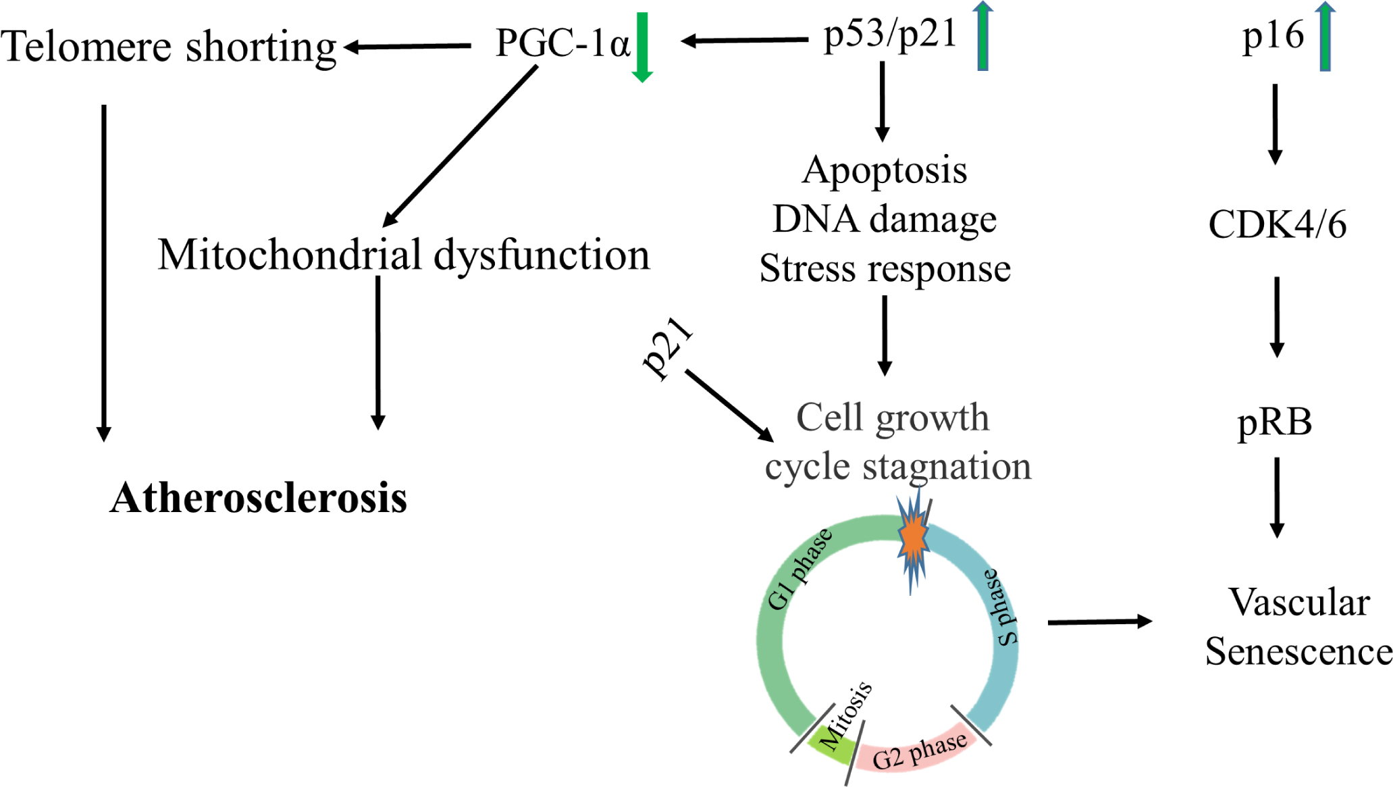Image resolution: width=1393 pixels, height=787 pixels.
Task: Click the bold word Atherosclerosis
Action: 258,499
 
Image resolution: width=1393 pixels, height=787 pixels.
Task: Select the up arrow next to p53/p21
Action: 983,36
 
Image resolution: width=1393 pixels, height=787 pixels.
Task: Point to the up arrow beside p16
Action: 1325,37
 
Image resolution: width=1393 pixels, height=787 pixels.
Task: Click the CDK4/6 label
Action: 1277,225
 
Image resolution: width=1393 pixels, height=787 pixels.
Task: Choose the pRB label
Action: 1274,423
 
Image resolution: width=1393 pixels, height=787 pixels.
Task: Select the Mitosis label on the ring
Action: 845,717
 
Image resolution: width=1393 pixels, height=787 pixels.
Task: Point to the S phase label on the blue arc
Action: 1001,607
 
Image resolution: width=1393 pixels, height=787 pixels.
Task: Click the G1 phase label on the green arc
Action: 800,569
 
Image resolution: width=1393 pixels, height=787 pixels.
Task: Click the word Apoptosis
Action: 885,170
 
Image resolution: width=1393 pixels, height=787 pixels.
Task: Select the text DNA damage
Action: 885,220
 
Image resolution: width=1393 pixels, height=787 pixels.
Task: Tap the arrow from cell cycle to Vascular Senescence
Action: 1099,621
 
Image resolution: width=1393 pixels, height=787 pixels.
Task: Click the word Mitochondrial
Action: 290,255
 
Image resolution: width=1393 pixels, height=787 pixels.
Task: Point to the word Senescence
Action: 1298,653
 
